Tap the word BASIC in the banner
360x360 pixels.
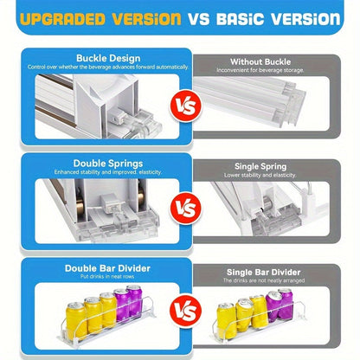tap(241, 19)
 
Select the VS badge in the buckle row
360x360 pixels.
tap(186, 106)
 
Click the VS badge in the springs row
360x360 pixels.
tap(186, 209)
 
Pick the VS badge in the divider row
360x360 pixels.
tap(186, 311)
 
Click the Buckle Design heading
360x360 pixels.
tap(108, 58)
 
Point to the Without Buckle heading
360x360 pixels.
tap(260, 61)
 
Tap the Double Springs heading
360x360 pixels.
tap(108, 164)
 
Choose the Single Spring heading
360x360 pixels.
tap(260, 166)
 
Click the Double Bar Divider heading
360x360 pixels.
tap(107, 268)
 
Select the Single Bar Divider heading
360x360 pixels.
tap(264, 273)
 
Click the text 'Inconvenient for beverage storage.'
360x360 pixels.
tap(260, 70)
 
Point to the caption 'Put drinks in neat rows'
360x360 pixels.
tap(107, 276)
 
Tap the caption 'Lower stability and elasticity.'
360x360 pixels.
tap(260, 175)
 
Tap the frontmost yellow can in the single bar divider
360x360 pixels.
tap(227, 320)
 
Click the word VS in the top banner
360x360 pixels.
tap(199, 19)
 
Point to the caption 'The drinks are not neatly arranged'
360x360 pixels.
tap(264, 280)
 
